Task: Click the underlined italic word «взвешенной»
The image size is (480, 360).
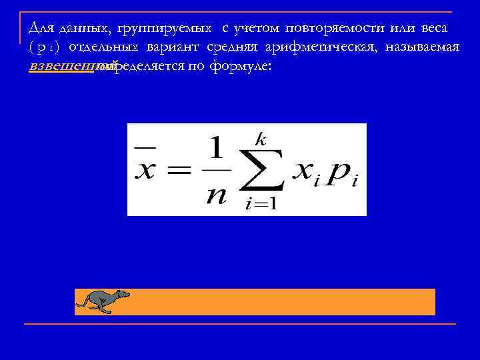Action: pyautogui.click(x=63, y=66)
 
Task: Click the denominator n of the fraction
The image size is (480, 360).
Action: pyautogui.click(x=216, y=195)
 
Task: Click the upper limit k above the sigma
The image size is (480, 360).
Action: pyautogui.click(x=261, y=139)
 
